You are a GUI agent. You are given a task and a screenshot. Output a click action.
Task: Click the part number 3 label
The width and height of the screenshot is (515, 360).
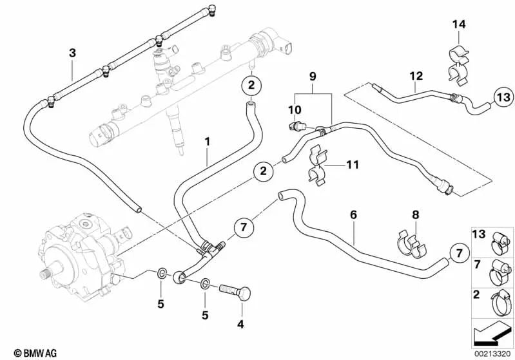(x=73, y=52)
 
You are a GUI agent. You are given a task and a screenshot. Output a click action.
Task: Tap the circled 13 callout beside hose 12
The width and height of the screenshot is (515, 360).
(x=503, y=97)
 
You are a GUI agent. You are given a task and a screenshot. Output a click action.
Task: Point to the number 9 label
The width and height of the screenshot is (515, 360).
(x=313, y=76)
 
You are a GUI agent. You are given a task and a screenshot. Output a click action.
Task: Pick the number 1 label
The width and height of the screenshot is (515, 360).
(x=207, y=140)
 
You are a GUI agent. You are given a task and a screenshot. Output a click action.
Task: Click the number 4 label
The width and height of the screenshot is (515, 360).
(x=240, y=324)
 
